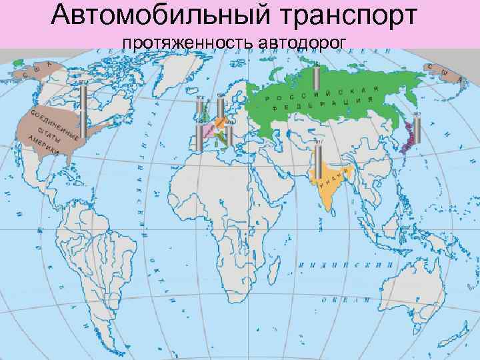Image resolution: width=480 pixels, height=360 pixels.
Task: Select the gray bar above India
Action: tap(319, 157)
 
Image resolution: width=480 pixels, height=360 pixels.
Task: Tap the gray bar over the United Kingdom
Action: tap(201, 110)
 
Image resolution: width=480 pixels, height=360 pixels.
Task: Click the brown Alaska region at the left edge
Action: tap(33, 73)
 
